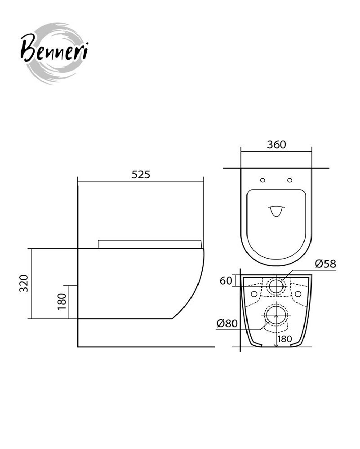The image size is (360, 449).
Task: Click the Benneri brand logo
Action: pos(54,53)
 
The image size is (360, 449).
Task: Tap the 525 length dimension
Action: pos(141,174)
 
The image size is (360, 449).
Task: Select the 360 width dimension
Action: pos(276,145)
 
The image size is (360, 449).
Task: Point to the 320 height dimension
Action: pos(24,283)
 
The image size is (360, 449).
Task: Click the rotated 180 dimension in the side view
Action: pos(62,302)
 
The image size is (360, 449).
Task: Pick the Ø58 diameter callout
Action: pos(325,264)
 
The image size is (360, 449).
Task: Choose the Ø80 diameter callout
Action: pos(227,324)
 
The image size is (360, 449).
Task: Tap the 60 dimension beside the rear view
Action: pos(226,281)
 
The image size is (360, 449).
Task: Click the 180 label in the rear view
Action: pos(284,339)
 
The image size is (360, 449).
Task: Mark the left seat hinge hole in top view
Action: pos(262,180)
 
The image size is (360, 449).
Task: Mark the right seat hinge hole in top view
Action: pos(290,180)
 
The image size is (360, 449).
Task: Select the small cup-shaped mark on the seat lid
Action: pos(276,211)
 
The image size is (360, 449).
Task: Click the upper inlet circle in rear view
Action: pos(276,286)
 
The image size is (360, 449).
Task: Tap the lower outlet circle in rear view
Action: pos(276,314)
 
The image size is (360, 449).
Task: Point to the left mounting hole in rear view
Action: pos(254,294)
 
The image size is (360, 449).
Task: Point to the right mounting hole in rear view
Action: pos(298,294)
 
